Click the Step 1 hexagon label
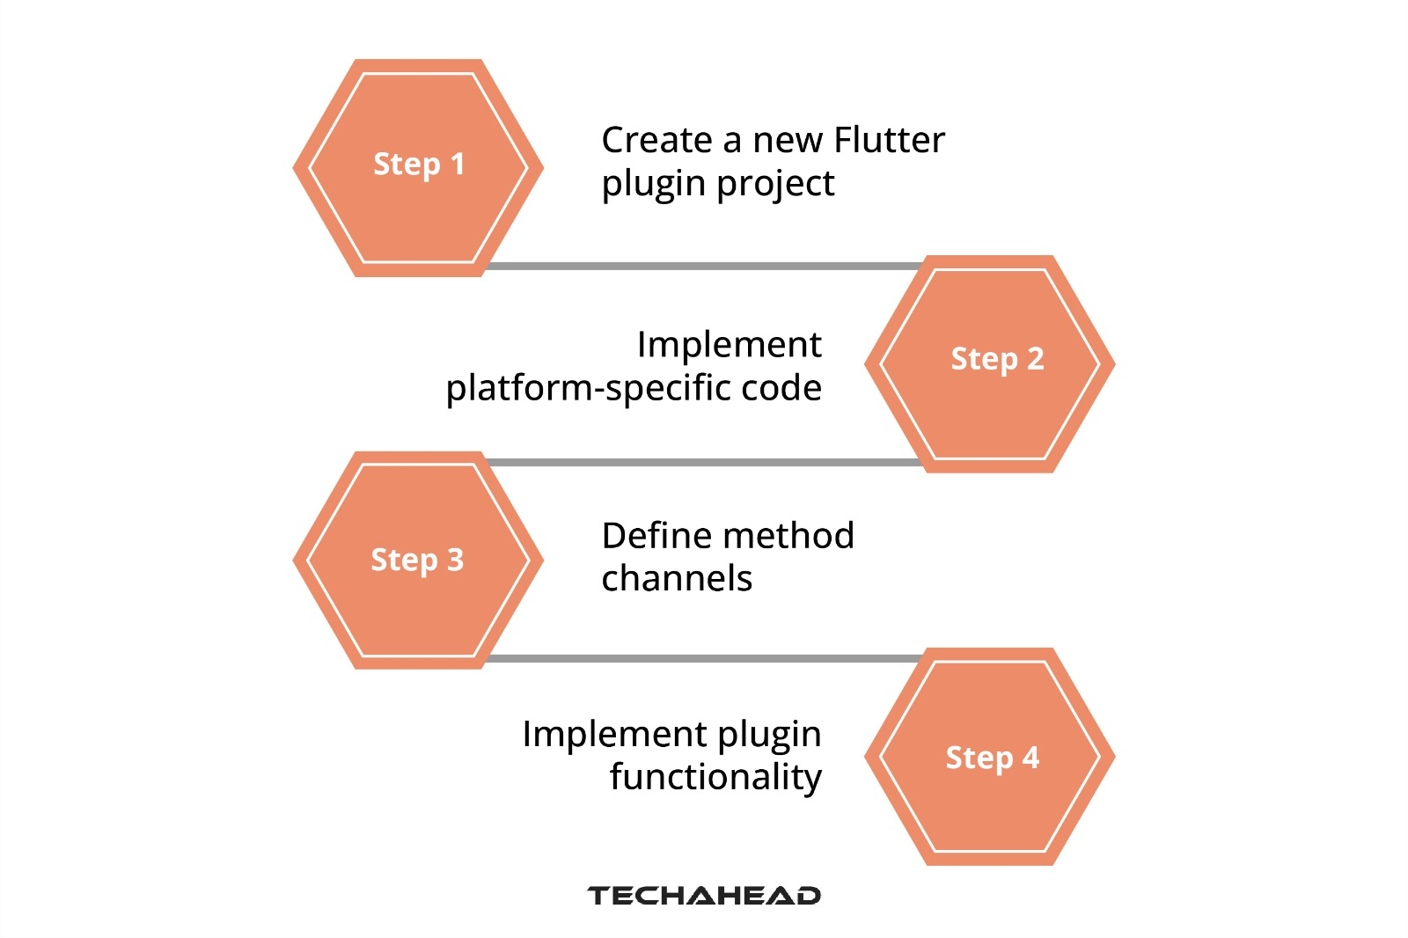tap(419, 165)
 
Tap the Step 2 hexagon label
tap(997, 359)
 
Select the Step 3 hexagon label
tap(417, 560)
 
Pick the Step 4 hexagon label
tap(992, 758)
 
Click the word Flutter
tap(889, 140)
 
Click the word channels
tap(677, 579)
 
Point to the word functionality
tap(715, 778)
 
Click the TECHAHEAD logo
tap(703, 896)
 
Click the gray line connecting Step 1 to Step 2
tap(704, 266)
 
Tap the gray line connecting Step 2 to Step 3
tap(704, 462)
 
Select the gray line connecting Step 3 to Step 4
tap(704, 658)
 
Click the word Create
tap(656, 140)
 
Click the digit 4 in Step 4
tap(1030, 758)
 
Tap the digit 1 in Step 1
tap(457, 164)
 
